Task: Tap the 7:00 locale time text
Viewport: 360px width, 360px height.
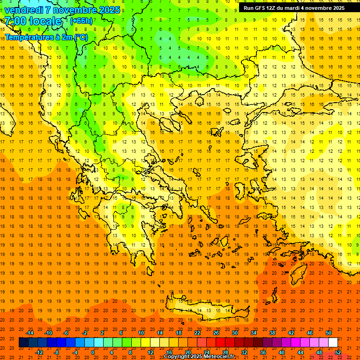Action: click(x=33, y=21)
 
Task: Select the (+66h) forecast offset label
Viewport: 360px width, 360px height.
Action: click(x=81, y=21)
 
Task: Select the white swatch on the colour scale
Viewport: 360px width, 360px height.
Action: click(x=333, y=343)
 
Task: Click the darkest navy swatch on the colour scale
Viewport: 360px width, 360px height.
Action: click(x=23, y=343)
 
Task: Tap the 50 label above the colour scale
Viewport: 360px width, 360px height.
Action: click(x=328, y=333)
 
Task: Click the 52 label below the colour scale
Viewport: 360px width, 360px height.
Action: click(x=338, y=352)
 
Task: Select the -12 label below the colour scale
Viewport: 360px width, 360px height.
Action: click(x=39, y=352)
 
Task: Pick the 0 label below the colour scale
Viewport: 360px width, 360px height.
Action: click(x=92, y=352)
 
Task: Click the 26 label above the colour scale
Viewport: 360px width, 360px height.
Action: click(x=216, y=333)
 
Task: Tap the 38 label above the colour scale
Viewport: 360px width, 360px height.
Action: click(x=272, y=333)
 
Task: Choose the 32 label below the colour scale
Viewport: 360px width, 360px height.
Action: click(x=244, y=352)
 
